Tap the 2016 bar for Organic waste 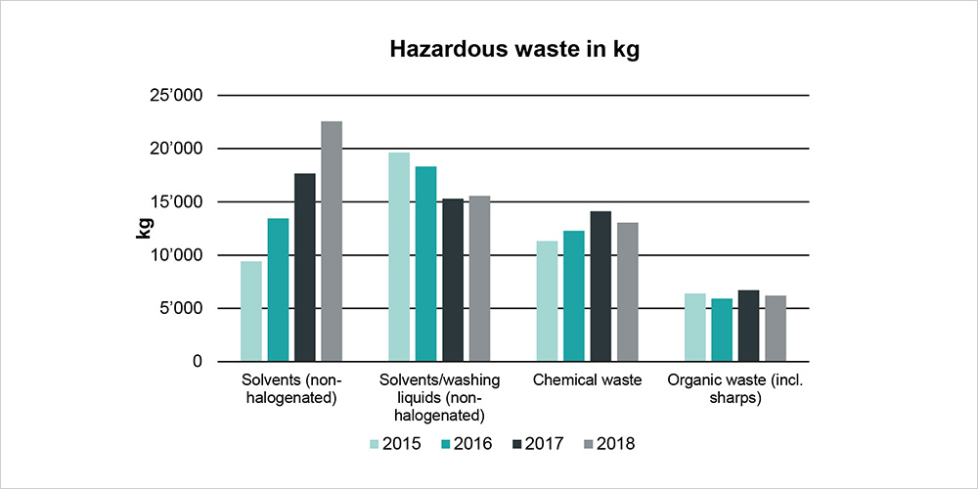pyautogui.click(x=722, y=330)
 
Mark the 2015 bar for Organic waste pyautogui.click(x=694, y=328)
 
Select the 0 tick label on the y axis pyautogui.click(x=197, y=362)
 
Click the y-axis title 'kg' pyautogui.click(x=144, y=229)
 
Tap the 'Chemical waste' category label pyautogui.click(x=586, y=379)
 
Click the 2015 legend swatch pyautogui.click(x=376, y=444)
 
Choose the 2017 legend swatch pyautogui.click(x=517, y=444)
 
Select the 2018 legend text pyautogui.click(x=616, y=444)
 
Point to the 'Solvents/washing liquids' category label pyautogui.click(x=438, y=397)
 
